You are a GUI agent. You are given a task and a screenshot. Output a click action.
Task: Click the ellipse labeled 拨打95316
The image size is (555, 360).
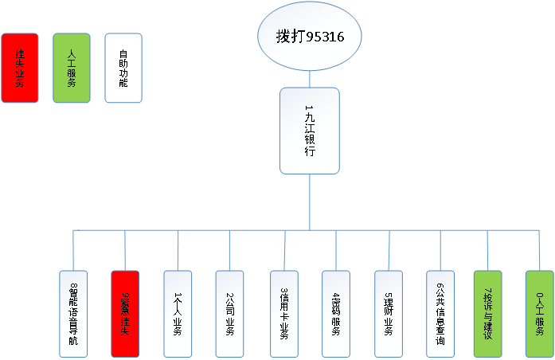pos(310,37)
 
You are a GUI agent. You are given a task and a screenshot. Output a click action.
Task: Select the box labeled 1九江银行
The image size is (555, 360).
pos(310,131)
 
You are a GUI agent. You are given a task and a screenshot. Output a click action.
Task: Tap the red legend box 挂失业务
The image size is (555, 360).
pos(20,68)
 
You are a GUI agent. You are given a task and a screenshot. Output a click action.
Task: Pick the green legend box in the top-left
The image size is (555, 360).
pos(72,68)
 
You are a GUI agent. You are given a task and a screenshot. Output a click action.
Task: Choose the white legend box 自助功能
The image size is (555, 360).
pos(123,68)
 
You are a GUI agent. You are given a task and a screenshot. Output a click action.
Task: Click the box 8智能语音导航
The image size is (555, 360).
pos(74,313)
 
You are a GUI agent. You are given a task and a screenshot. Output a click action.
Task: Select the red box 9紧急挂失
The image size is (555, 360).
pos(125,313)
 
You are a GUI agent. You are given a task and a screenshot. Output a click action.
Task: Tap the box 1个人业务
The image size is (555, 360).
pos(178,313)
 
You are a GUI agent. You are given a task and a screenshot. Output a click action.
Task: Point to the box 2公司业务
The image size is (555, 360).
pos(229,313)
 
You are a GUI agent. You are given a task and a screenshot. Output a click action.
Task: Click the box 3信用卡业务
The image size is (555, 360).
pos(283,313)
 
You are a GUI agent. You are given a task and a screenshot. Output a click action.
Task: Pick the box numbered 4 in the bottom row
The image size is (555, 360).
pos(335,313)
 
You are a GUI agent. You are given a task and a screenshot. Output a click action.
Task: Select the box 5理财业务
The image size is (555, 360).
pos(389,313)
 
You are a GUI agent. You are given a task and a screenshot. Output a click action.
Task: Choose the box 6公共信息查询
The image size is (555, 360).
pos(440,313)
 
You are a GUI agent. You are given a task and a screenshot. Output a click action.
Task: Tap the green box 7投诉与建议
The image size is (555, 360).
pos(488,313)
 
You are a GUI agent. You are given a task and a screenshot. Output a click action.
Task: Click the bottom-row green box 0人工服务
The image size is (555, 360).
pos(539,313)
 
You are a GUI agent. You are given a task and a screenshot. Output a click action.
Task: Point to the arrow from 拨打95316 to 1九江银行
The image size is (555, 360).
pos(310,78)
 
